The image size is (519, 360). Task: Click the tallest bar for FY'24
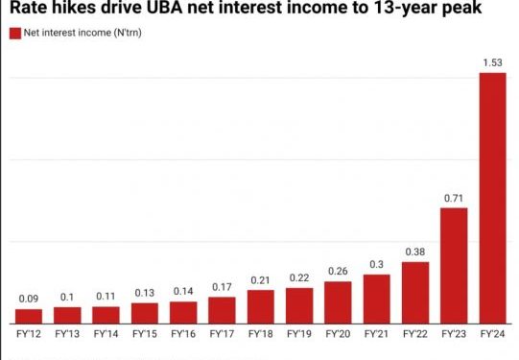pos(492,197)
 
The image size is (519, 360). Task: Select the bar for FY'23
pos(454,264)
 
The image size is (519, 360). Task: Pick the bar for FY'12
pos(29,315)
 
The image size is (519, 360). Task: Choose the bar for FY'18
pos(260,305)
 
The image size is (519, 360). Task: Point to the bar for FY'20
pos(338,301)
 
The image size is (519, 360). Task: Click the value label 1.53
pos(492,63)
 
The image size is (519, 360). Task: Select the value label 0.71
pos(454,198)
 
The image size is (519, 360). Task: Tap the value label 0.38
pos(414,252)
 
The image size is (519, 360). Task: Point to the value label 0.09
pos(29,299)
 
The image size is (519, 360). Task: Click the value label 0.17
pos(222,286)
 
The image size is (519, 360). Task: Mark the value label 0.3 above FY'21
pos(376,265)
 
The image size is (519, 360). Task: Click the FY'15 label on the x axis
pos(144,336)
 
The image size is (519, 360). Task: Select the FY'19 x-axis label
pos(298,336)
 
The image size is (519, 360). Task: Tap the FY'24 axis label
pos(492,336)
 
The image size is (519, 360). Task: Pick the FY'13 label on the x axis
pos(67,336)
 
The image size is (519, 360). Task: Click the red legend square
pos(14,34)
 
